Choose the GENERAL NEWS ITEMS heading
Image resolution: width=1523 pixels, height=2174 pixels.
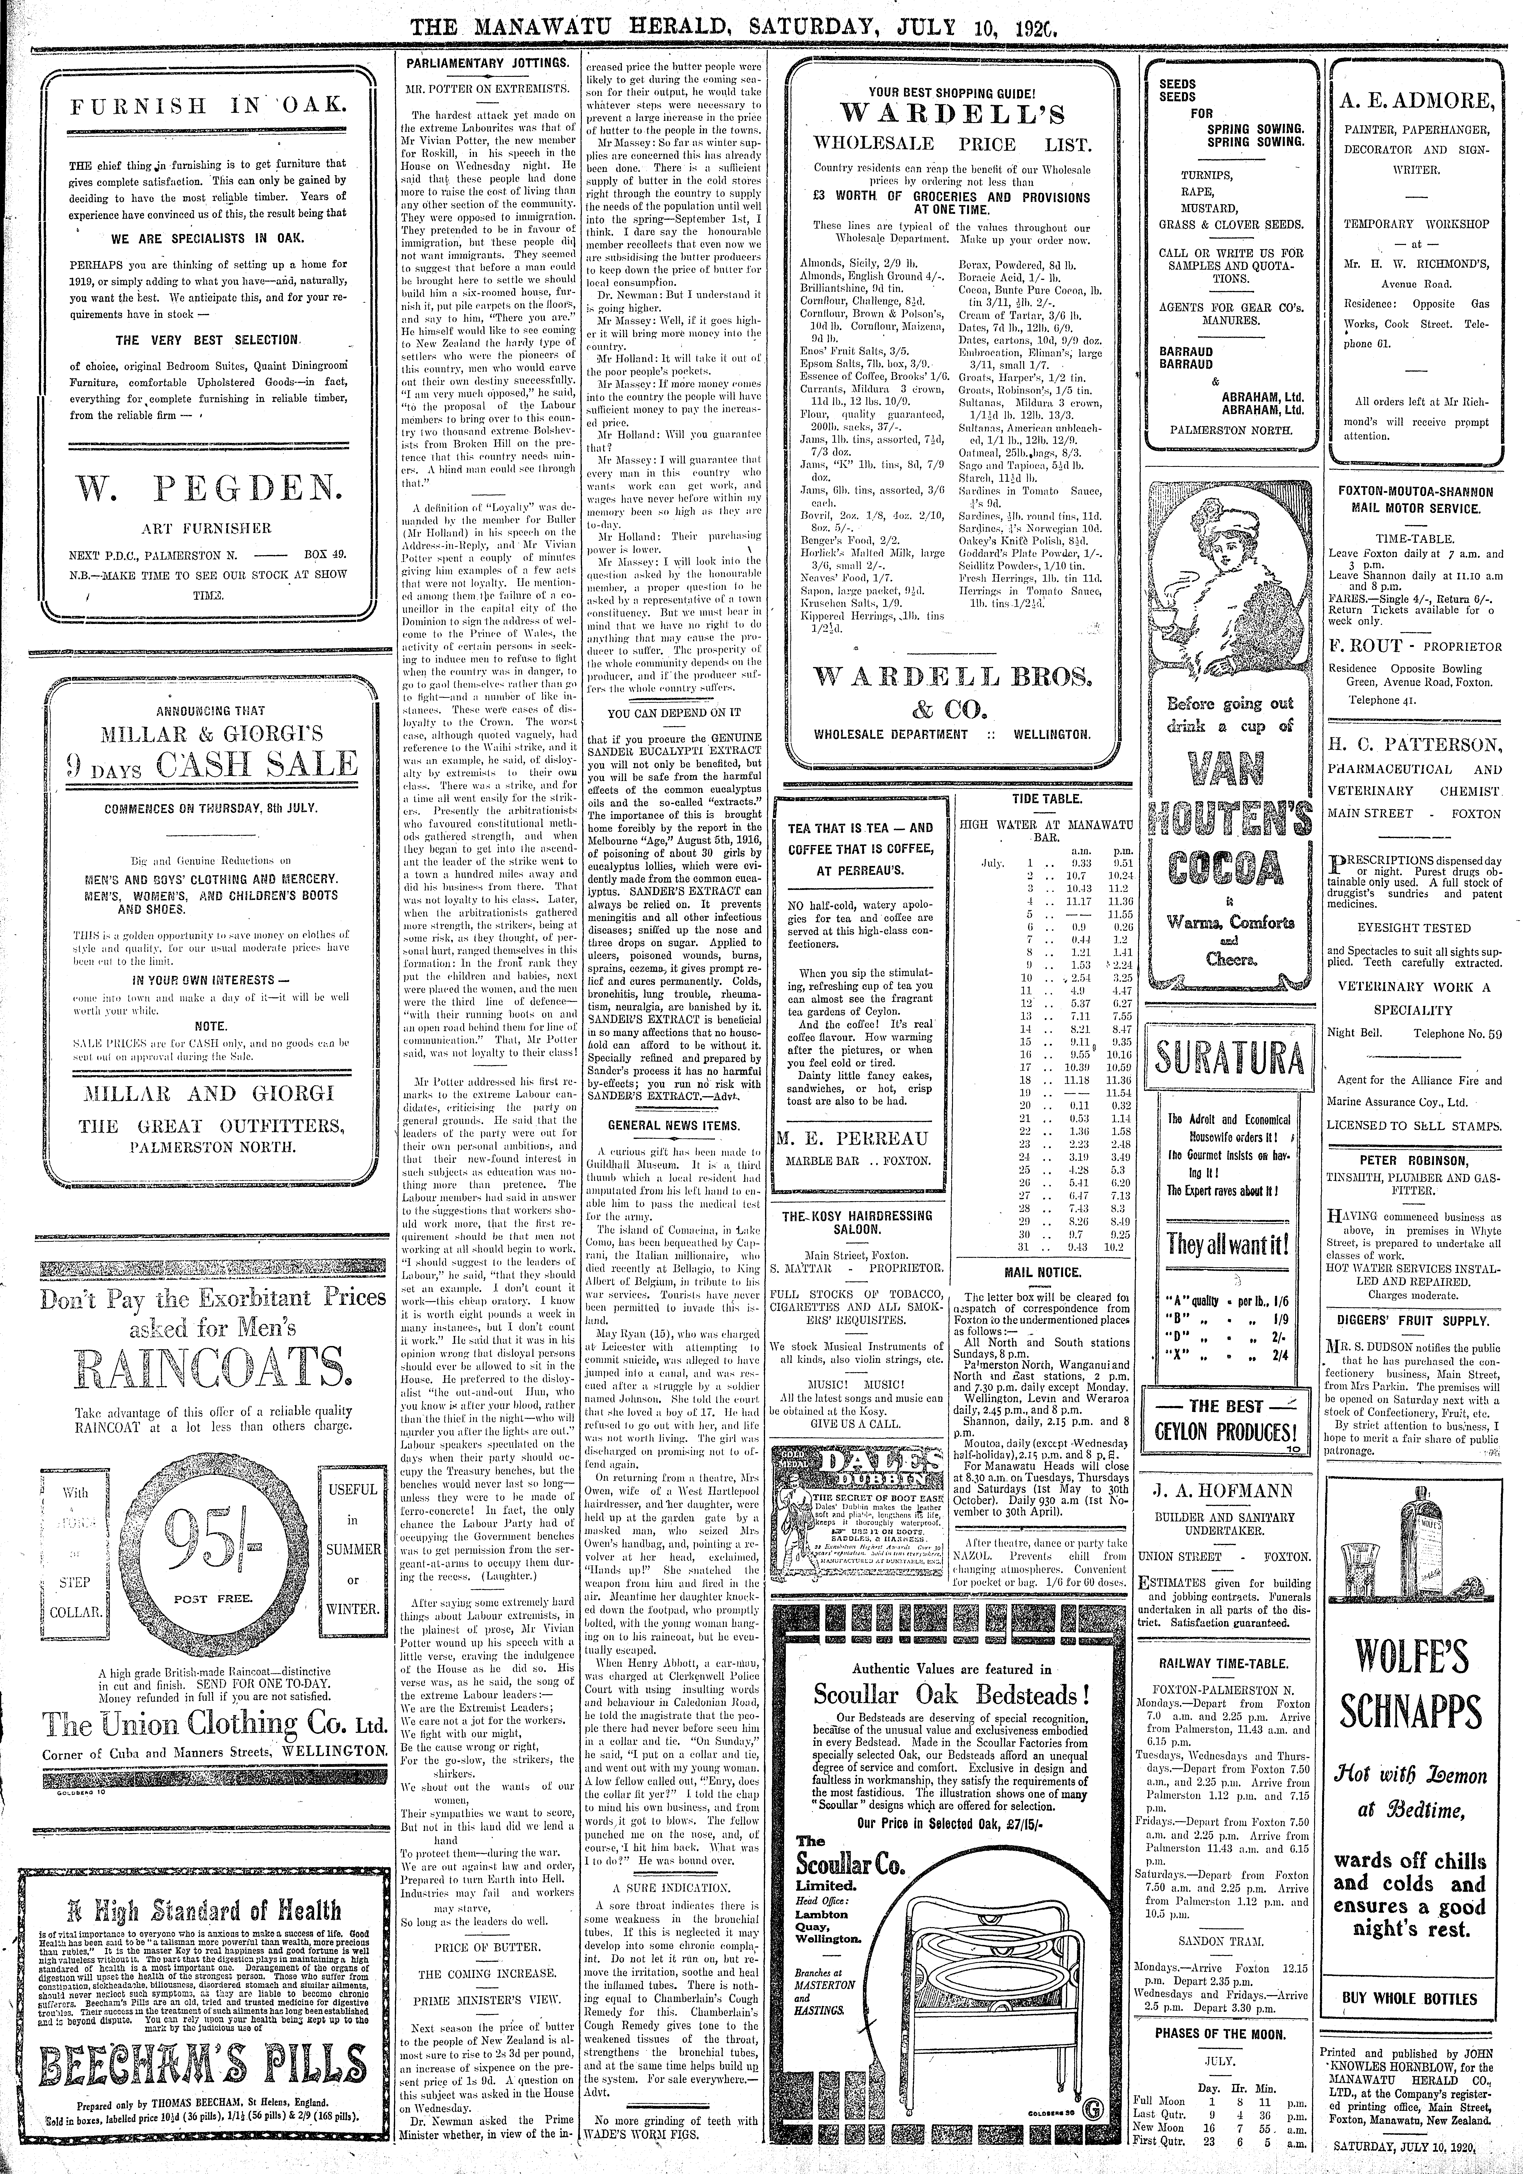[674, 1125]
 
